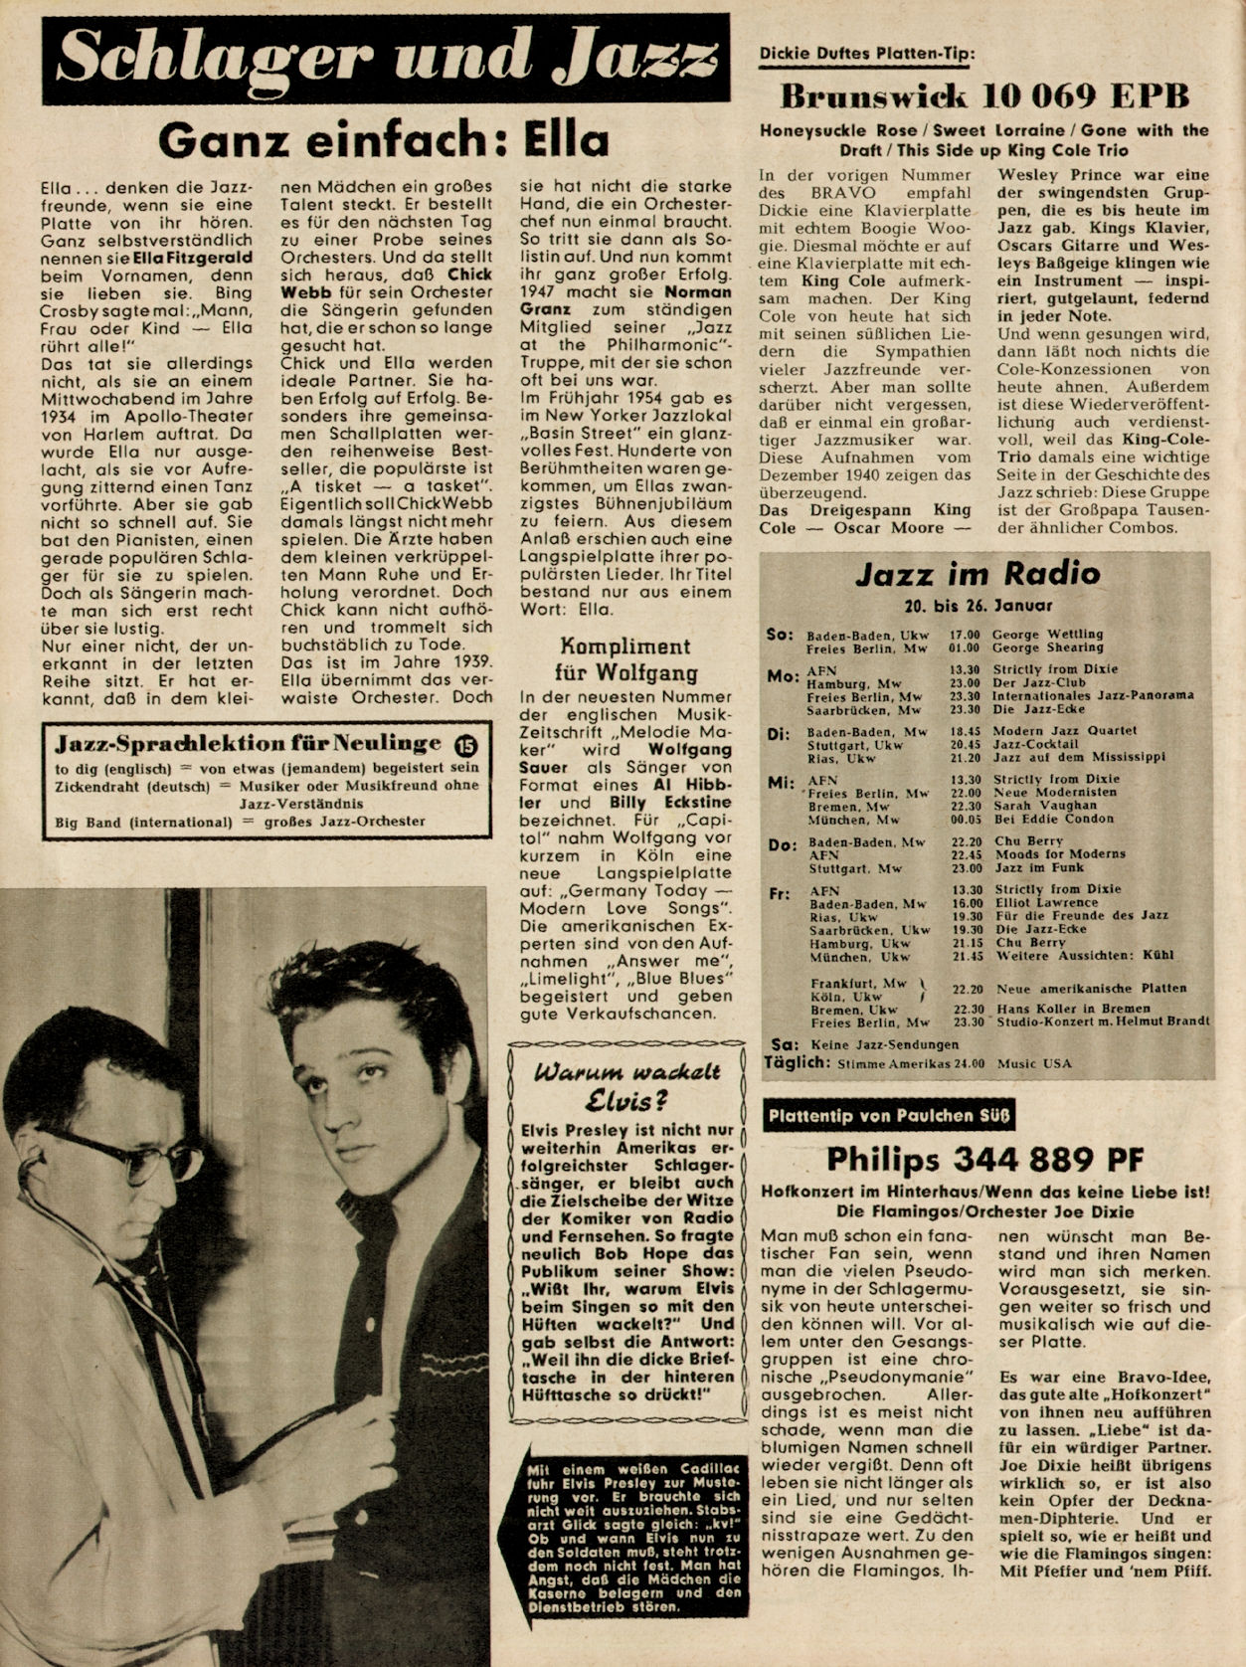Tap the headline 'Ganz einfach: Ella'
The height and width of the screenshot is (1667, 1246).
(383, 140)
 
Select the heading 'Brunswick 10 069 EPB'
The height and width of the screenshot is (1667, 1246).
(984, 96)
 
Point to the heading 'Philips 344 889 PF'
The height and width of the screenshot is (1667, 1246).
(984, 1159)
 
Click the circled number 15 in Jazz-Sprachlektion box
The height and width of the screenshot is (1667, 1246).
(464, 744)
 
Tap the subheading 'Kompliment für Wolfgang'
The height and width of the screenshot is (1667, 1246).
(624, 658)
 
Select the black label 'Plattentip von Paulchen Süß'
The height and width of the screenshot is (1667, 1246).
(888, 1116)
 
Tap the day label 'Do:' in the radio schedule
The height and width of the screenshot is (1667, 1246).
(782, 844)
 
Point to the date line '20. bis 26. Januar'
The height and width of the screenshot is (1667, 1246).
(979, 605)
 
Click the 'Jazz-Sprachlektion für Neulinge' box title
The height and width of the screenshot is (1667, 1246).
(249, 744)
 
